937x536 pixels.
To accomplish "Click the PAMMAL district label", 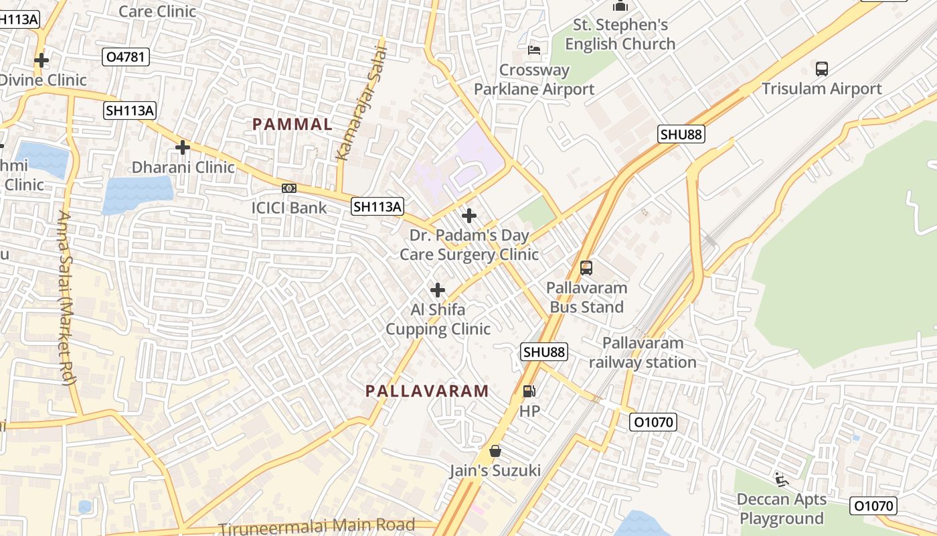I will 292,124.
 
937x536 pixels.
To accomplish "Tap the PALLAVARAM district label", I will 427,391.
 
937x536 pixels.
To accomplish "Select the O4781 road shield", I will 126,57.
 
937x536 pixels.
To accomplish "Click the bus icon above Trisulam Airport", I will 821,68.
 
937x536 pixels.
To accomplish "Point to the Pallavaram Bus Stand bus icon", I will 586,268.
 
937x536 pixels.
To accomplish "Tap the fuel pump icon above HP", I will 529,391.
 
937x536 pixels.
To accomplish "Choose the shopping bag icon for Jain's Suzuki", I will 495,451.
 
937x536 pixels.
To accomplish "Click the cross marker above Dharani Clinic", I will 182,147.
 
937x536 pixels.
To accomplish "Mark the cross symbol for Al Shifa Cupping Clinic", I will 438,290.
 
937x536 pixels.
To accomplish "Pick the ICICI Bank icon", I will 289,188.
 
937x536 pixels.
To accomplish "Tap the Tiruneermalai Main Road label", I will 317,526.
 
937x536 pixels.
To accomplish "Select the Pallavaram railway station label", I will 643,352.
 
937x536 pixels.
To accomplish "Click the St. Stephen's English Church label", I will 620,35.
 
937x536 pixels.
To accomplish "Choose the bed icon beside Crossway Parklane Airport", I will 534,50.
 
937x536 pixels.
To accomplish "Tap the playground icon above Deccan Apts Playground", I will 781,479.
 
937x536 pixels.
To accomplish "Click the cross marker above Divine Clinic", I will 41,60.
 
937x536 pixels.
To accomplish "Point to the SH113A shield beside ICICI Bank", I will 377,207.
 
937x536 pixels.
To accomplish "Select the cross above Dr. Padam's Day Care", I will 469,216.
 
